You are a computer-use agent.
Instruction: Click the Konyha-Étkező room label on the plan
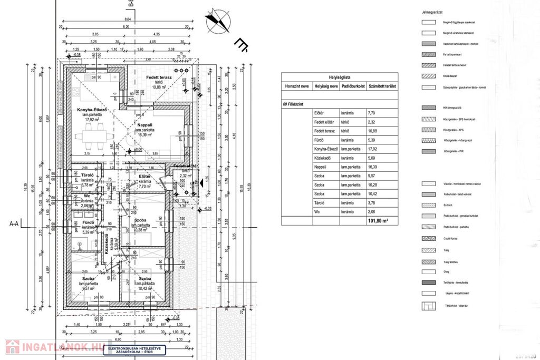point(92,110)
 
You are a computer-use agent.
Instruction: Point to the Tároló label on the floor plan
point(87,175)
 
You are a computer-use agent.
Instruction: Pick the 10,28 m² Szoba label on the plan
point(140,220)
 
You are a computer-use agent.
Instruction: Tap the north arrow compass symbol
point(219,20)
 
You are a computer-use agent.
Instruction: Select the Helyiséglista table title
point(340,76)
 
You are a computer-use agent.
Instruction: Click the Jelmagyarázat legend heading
point(432,11)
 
